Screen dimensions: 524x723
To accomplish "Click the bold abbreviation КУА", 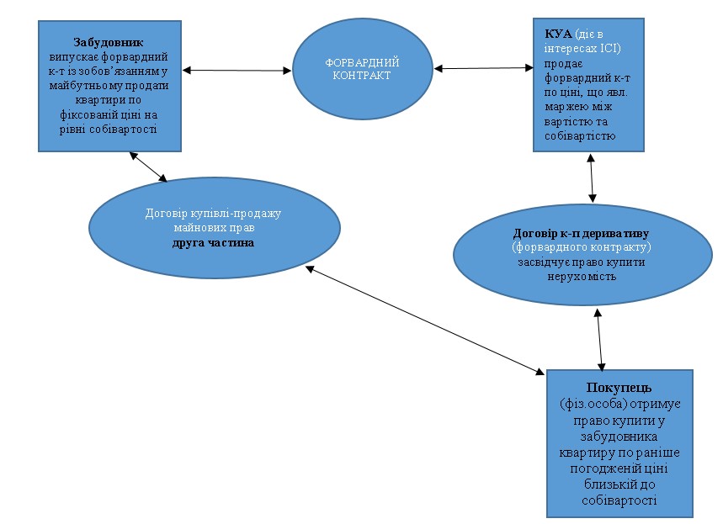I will (x=558, y=33).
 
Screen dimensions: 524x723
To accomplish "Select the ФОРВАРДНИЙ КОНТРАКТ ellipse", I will (x=361, y=69).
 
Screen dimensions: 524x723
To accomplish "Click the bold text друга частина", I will (x=214, y=242).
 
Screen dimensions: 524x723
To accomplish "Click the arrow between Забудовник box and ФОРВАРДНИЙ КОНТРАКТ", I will (x=237, y=70).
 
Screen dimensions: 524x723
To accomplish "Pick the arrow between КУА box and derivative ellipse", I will (x=593, y=177).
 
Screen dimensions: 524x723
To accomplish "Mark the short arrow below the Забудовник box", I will (x=148, y=167).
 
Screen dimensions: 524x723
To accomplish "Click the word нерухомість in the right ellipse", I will (x=582, y=276).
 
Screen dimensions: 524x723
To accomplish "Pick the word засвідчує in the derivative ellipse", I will (x=547, y=262).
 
